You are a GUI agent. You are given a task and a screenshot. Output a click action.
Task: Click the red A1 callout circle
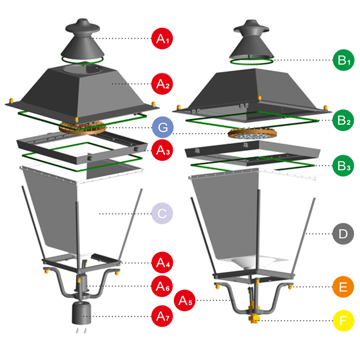pos(162,39)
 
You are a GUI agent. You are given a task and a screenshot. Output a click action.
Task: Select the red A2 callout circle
pos(162,84)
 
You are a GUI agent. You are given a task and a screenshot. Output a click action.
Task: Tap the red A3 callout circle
pos(162,150)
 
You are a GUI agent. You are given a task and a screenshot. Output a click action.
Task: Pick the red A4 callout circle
pos(162,262)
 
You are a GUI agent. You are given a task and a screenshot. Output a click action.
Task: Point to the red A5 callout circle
pos(185,300)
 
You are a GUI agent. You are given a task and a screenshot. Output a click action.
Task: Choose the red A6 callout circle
pos(162,286)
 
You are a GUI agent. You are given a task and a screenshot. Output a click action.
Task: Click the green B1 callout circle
pos(342,60)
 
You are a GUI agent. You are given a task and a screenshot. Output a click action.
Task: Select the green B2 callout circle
pos(342,119)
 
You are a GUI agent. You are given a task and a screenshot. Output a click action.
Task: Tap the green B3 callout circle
pos(342,165)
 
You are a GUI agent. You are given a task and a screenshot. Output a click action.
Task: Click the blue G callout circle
pos(162,127)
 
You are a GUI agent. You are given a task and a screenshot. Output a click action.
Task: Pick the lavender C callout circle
pos(162,214)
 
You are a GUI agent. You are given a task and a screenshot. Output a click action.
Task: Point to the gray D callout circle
pos(342,233)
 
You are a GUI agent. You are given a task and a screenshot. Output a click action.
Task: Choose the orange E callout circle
pos(342,286)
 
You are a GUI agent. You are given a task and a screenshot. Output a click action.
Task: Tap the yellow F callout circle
pos(342,321)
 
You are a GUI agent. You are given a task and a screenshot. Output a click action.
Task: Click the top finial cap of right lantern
pos(251,28)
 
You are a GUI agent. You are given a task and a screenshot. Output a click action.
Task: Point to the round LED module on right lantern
pos(251,135)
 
